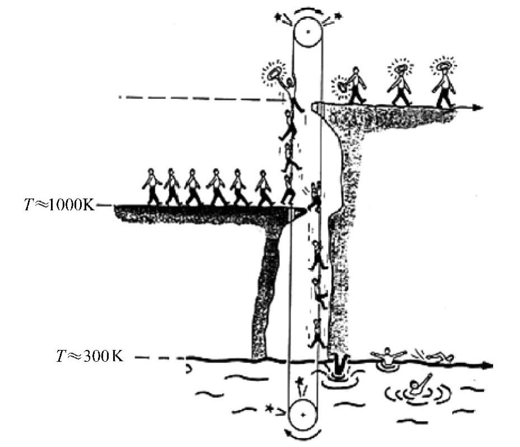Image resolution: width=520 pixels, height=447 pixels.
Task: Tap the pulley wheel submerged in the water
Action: [x=303, y=415]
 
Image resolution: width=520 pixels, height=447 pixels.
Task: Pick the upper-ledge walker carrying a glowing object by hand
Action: [x=354, y=85]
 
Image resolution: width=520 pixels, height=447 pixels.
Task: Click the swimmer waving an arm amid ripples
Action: [x=416, y=386]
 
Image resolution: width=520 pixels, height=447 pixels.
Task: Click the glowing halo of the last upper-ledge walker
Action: [x=443, y=66]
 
